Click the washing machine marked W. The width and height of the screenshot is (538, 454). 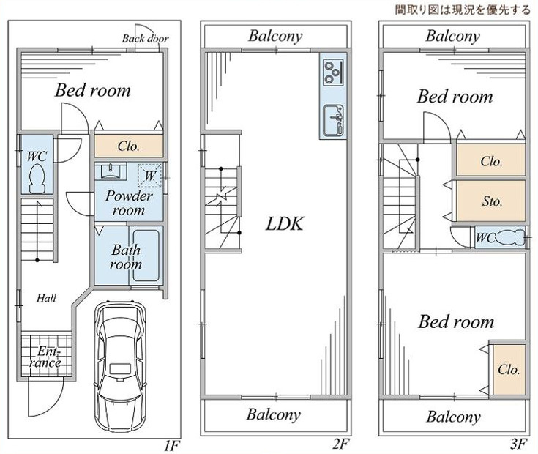click(x=151, y=175)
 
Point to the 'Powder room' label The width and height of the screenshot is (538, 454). click(x=129, y=203)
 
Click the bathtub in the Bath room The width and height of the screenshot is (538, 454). click(x=149, y=256)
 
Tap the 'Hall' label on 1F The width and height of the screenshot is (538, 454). click(x=48, y=298)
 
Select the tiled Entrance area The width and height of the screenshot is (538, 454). click(x=45, y=356)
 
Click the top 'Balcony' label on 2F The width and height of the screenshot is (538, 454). click(x=274, y=35)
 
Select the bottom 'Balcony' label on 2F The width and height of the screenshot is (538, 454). click(x=273, y=415)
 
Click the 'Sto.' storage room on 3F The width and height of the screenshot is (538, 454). click(x=491, y=201)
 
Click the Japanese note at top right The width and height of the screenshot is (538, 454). click(x=463, y=10)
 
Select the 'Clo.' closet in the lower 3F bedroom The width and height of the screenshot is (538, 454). click(x=509, y=369)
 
